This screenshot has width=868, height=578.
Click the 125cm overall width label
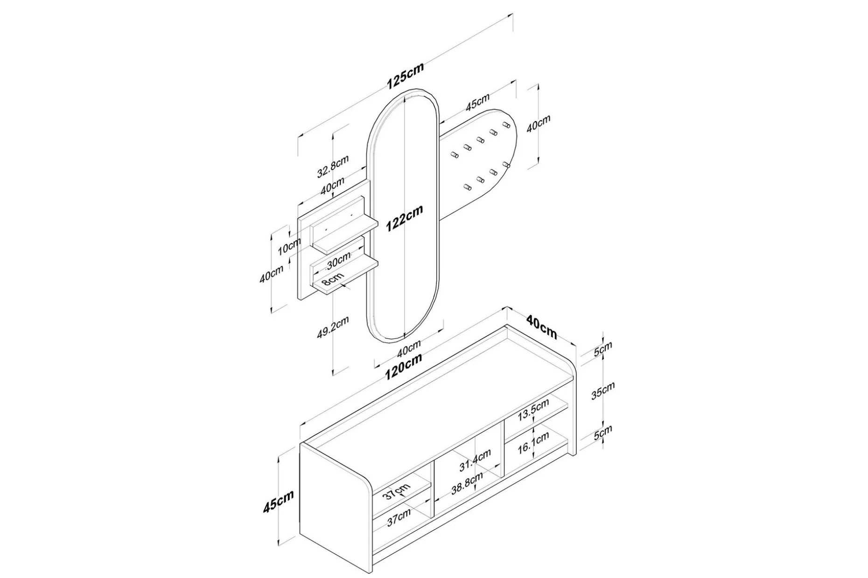[405, 76]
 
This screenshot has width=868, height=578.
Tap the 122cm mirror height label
[404, 218]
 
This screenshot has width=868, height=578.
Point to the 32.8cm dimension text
[333, 166]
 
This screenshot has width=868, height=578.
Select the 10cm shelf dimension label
[289, 246]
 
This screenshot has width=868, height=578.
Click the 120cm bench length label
[404, 366]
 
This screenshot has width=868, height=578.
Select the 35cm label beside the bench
[603, 391]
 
